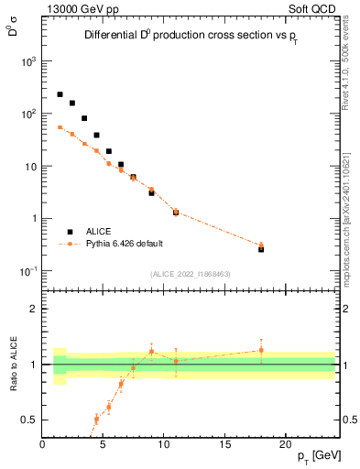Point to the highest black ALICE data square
tap(60, 94)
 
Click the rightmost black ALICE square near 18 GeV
tap(261, 248)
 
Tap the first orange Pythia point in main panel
tap(60, 127)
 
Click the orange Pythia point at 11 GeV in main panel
tap(176, 212)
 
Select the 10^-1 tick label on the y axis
tap(30, 271)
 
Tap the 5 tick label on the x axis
tap(103, 445)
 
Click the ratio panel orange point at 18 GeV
tap(261, 350)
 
